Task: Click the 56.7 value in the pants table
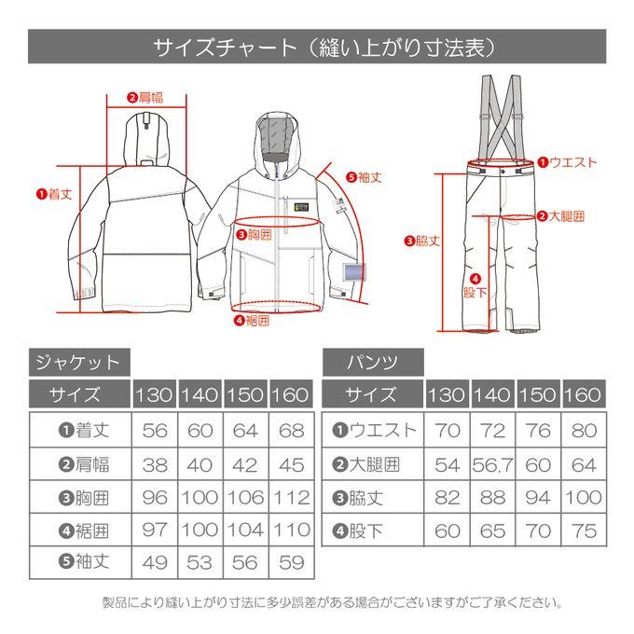(x=492, y=465)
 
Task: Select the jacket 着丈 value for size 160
(x=292, y=431)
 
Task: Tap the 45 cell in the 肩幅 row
(x=292, y=465)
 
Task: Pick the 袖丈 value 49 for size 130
(x=155, y=562)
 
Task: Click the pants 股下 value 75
(x=585, y=531)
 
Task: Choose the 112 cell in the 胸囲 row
(x=292, y=498)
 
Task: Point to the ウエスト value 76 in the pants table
(x=538, y=431)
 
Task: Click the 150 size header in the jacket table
(x=245, y=394)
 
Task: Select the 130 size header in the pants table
(x=447, y=394)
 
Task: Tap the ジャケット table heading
(x=79, y=363)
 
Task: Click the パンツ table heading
(x=373, y=363)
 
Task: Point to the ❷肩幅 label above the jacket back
(x=145, y=98)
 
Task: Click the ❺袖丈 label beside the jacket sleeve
(x=364, y=177)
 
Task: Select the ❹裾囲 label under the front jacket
(x=252, y=321)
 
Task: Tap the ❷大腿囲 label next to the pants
(x=561, y=216)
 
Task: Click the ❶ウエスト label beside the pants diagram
(x=567, y=162)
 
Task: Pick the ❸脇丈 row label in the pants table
(x=357, y=498)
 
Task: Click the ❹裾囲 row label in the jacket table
(x=84, y=531)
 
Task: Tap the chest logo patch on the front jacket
(x=302, y=207)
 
